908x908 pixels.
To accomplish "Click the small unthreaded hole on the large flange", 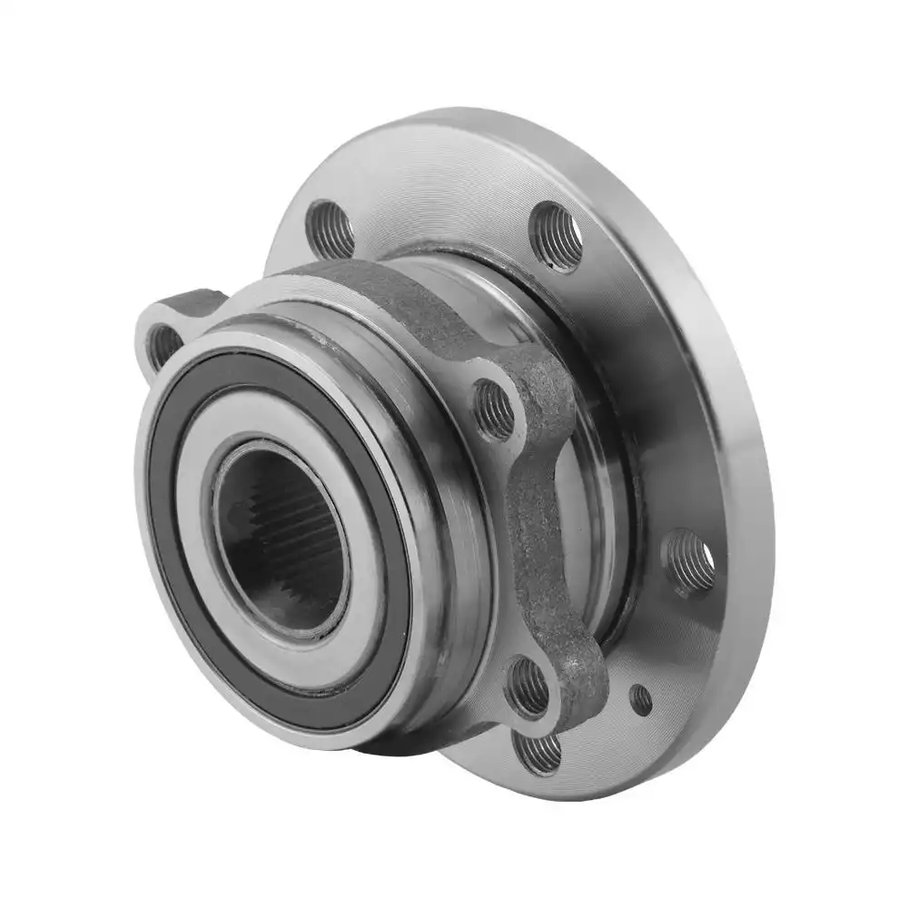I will pos(641,699).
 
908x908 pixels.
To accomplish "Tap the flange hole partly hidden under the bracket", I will pos(538,752).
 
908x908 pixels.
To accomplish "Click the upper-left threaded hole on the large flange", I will pos(331,229).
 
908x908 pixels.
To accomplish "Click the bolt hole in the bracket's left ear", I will pos(163,345).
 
